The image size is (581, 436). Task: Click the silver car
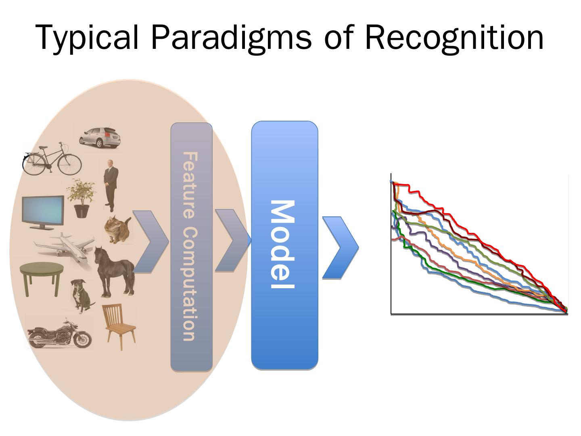pyautogui.click(x=99, y=136)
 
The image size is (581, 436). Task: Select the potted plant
pyautogui.click(x=82, y=198)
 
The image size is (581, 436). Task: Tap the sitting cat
pyautogui.click(x=117, y=230)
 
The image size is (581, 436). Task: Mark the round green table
pyautogui.click(x=42, y=277)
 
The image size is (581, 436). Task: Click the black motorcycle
pyautogui.click(x=59, y=335)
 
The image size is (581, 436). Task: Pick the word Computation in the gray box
pyautogui.click(x=190, y=284)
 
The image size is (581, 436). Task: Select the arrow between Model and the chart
pyautogui.click(x=340, y=247)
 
